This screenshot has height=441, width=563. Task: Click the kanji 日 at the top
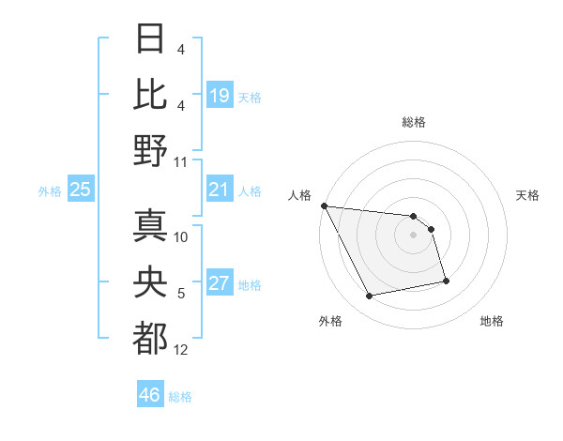(x=151, y=39)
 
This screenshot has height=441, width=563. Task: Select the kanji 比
(x=151, y=94)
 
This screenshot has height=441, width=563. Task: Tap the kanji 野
(x=151, y=151)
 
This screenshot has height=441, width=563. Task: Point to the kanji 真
(x=151, y=225)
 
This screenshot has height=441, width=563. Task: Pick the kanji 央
(x=151, y=282)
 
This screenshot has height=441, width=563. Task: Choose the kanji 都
(x=151, y=339)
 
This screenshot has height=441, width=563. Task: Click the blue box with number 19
(x=219, y=96)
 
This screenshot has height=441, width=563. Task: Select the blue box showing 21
(x=219, y=190)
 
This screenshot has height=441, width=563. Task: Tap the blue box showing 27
(x=219, y=284)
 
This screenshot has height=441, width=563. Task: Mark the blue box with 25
(x=81, y=190)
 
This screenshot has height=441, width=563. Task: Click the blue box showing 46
(x=149, y=395)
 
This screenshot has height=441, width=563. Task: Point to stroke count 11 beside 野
(x=181, y=162)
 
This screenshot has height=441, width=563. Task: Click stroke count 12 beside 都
(x=181, y=350)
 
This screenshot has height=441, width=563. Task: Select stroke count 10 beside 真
(x=181, y=236)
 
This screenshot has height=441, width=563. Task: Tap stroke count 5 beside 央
(x=181, y=294)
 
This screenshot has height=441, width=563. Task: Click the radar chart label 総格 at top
(x=413, y=122)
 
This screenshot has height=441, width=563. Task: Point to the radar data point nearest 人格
(x=324, y=205)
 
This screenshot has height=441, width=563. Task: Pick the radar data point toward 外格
(x=370, y=297)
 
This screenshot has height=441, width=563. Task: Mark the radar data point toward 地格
(x=446, y=281)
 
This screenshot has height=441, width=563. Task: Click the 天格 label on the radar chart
(x=528, y=195)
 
